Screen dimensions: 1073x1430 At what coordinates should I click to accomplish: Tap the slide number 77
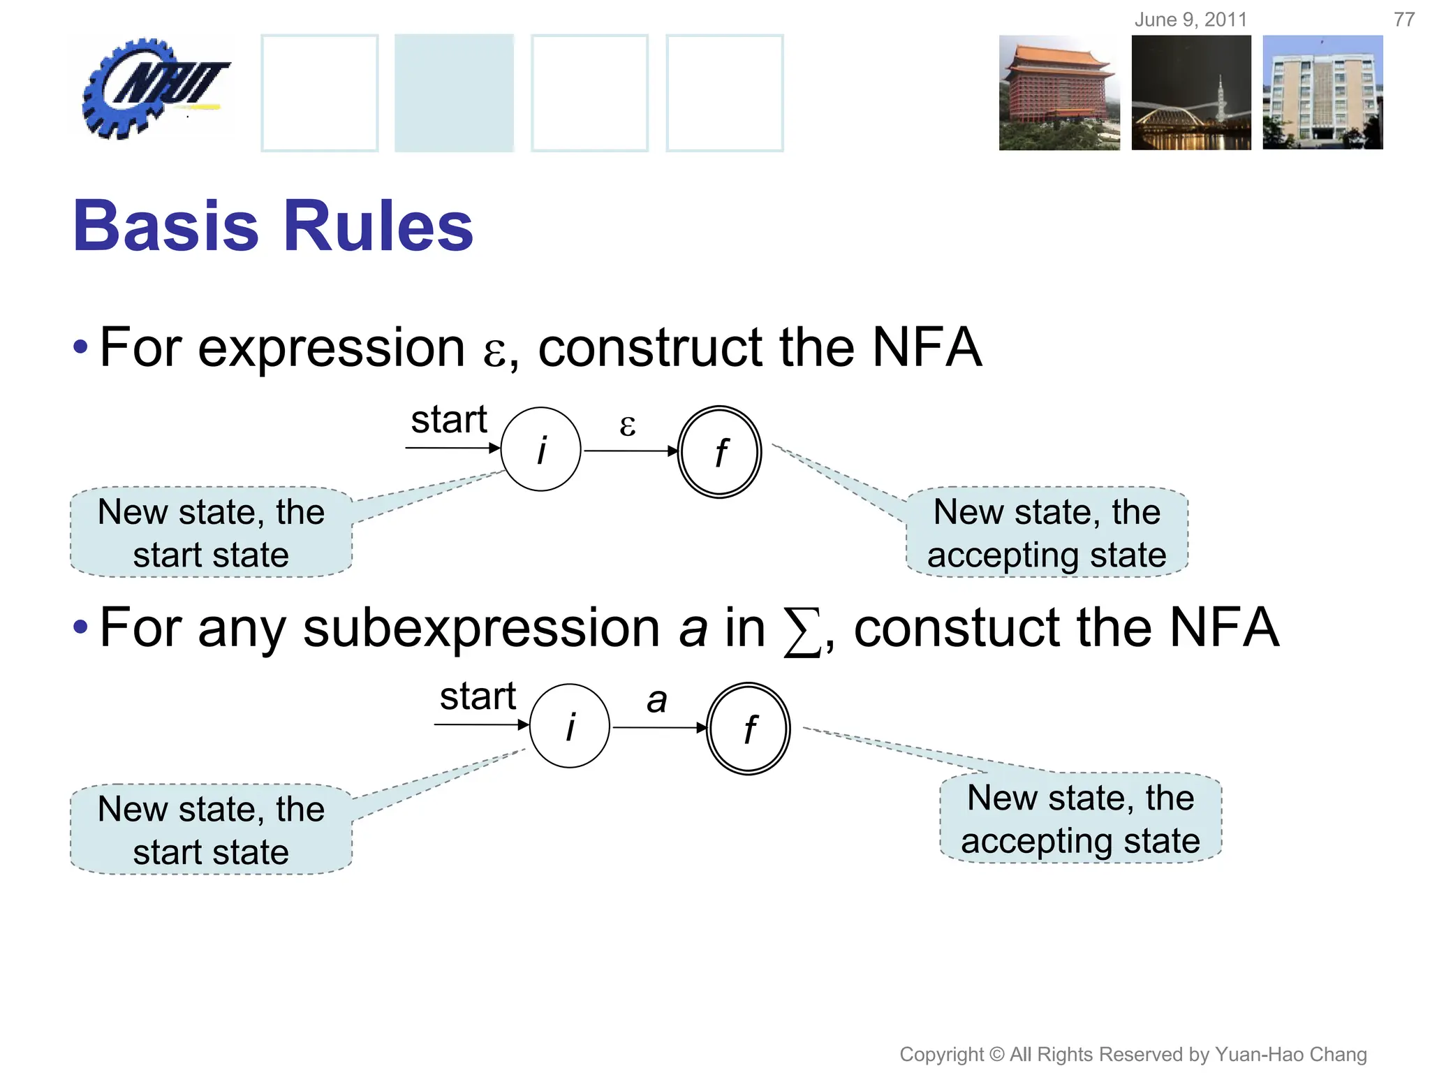point(1403,20)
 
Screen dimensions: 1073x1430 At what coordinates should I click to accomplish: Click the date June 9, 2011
point(1191,20)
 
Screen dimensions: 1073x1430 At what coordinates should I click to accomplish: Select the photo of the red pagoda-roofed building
point(1059,93)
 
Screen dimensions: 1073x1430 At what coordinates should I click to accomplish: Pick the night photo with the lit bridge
point(1191,93)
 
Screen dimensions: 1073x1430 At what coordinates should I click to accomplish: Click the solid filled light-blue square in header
point(454,93)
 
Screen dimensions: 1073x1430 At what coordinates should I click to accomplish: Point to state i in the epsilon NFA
point(541,449)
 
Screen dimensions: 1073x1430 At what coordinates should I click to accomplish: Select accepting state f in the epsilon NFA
point(719,452)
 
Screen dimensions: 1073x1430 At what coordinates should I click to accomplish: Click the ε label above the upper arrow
point(628,425)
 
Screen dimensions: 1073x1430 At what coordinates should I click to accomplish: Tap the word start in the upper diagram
point(448,420)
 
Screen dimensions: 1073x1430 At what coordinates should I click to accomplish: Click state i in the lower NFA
point(570,726)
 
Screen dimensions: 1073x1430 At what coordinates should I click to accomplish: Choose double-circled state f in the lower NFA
point(749,729)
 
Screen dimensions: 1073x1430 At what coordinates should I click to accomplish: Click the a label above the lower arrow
point(656,699)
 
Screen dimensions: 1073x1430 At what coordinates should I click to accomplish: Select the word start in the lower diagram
point(478,696)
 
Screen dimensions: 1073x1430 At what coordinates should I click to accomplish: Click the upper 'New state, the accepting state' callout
point(1047,533)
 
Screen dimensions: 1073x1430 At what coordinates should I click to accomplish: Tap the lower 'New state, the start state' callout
point(211,830)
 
